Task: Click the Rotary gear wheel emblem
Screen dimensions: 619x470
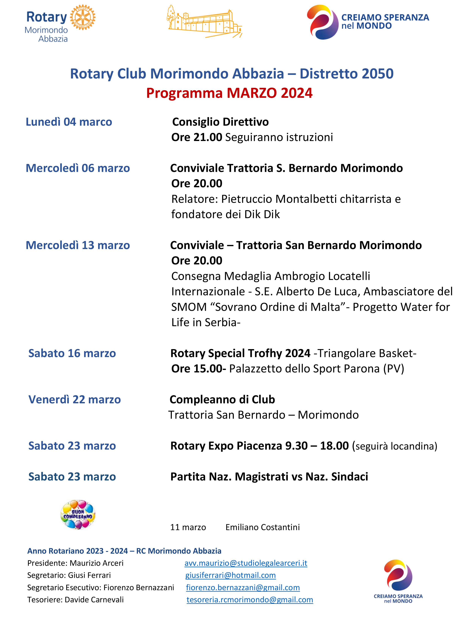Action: point(83,17)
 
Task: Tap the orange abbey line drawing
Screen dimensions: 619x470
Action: point(204,22)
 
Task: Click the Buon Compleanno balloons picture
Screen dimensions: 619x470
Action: point(78,515)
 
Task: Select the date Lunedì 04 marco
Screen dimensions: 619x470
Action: point(69,122)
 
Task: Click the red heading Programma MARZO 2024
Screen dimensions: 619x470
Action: point(229,93)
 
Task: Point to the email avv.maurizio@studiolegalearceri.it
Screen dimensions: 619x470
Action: point(246,563)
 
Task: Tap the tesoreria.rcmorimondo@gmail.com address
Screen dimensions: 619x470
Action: point(249,600)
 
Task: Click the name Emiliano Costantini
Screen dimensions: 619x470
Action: point(262,527)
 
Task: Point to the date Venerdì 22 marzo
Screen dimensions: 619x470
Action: point(75,400)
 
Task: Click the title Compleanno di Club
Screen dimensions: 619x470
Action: point(222,400)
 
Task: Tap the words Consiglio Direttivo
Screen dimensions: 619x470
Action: point(221,122)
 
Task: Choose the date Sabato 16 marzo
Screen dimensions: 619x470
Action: point(72,353)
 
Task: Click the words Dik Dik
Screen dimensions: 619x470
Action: point(262,214)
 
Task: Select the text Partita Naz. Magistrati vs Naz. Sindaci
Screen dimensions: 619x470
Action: point(269,476)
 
